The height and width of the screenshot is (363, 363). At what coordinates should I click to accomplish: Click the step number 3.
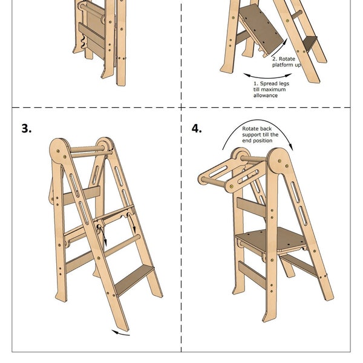(x=25, y=129)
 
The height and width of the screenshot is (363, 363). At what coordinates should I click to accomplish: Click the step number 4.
(x=197, y=129)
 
